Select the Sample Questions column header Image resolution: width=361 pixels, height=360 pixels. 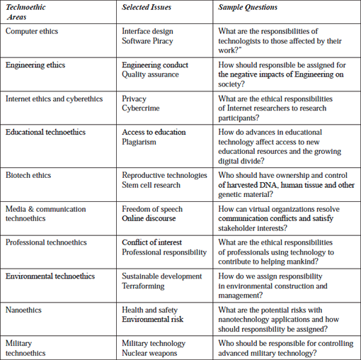(248, 8)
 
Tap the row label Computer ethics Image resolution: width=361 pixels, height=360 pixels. (32, 31)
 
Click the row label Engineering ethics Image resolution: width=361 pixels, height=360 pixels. (35, 65)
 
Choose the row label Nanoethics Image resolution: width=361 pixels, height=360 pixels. (23, 310)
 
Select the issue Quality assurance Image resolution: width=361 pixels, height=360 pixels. (150, 75)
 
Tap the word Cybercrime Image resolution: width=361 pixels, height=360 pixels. (142, 109)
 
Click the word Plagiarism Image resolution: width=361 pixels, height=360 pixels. (142, 142)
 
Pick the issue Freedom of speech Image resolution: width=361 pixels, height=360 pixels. (152, 209)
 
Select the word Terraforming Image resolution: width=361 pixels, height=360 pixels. (143, 286)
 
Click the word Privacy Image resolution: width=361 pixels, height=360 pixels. (134, 99)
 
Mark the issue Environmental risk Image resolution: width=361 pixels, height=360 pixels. (152, 320)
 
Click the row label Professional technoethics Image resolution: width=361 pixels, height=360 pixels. (46, 243)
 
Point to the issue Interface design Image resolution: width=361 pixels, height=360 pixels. (147, 31)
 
